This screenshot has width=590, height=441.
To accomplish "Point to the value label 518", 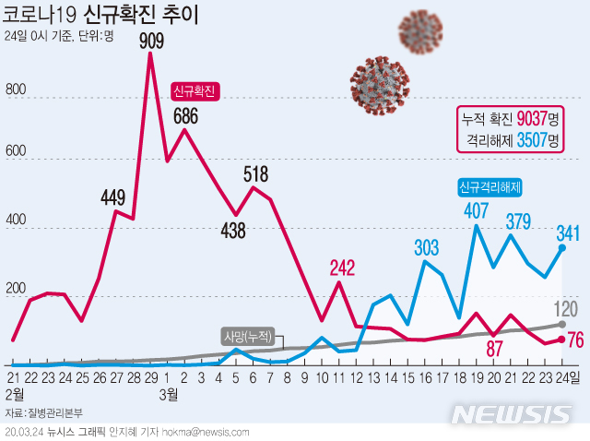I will [256, 173].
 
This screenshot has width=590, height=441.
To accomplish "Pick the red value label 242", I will [342, 268].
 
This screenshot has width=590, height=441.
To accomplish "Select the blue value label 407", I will [477, 210].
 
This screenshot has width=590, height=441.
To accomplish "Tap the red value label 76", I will [575, 340].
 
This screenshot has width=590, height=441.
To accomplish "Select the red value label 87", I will [494, 348].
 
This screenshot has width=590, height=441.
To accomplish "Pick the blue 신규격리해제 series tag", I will [490, 187].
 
